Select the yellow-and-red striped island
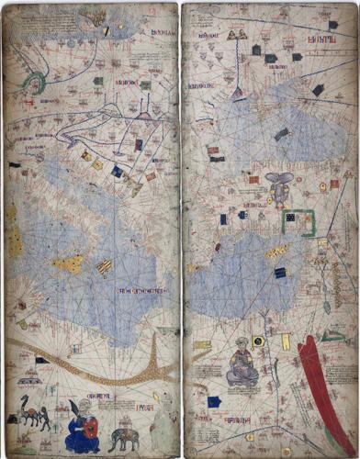(x=105, y=267)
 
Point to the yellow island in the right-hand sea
(x=276, y=251)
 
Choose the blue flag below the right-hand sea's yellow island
(x=280, y=273)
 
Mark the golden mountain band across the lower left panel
(x=92, y=363)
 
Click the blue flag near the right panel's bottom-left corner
(x=213, y=401)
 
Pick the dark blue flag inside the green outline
(x=290, y=218)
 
